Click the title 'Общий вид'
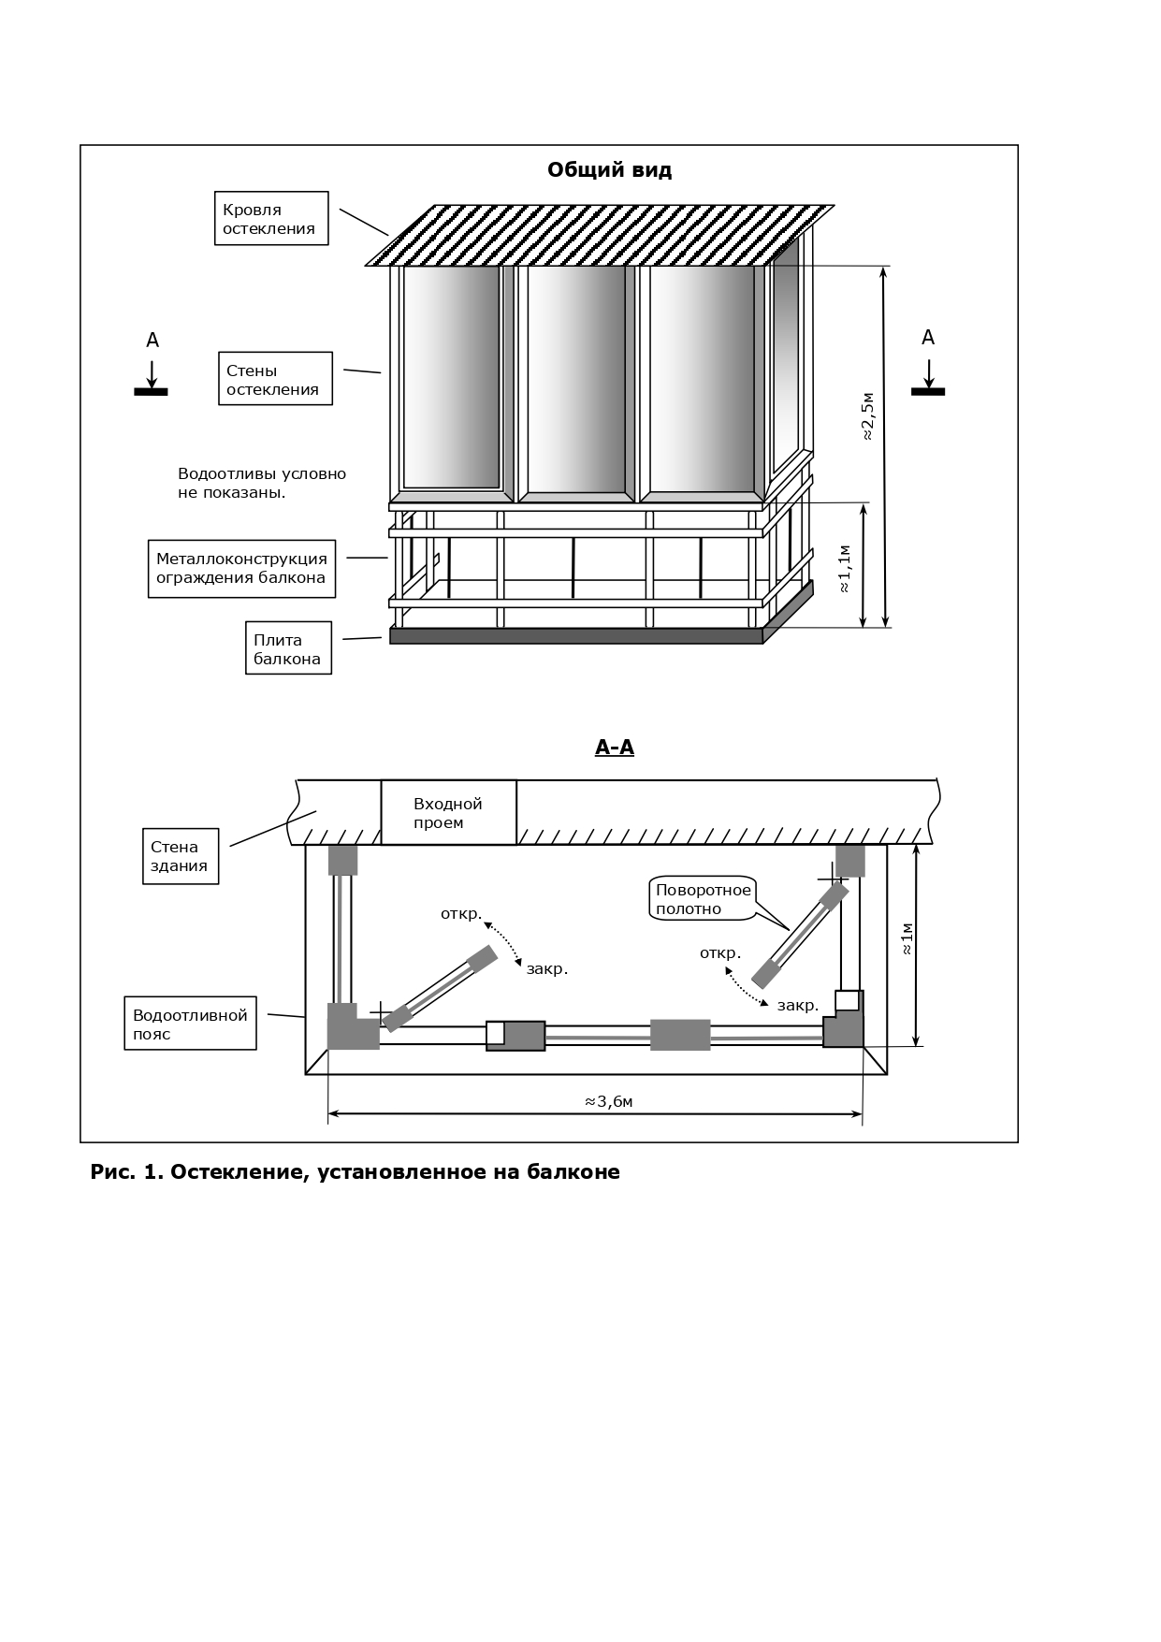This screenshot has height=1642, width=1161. pyautogui.click(x=609, y=170)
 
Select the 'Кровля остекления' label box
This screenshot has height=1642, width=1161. pyautogui.click(x=271, y=219)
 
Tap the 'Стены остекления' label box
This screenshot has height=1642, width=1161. pyautogui.click(x=275, y=379)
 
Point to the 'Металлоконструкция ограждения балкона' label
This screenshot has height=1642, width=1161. pyautogui.click(x=241, y=569)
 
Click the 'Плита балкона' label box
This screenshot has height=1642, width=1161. pyautogui.click(x=288, y=648)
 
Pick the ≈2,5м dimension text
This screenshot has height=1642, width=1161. pyautogui.click(x=867, y=416)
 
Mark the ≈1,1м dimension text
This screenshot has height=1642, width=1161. pyautogui.click(x=845, y=568)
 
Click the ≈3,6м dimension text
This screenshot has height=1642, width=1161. pyautogui.click(x=609, y=1102)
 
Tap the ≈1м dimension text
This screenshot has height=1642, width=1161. pyautogui.click(x=906, y=938)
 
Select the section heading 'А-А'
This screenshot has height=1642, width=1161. pyautogui.click(x=615, y=748)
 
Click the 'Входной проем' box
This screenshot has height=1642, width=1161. pyautogui.click(x=448, y=813)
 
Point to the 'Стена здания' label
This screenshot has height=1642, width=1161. pyautogui.click(x=181, y=856)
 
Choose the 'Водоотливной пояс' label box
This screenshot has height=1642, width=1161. pyautogui.click(x=190, y=1024)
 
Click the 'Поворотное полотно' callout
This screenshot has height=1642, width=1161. pyautogui.click(x=703, y=899)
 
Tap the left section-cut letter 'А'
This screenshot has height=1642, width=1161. pyautogui.click(x=152, y=341)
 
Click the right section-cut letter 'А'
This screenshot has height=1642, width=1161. pyautogui.click(x=928, y=338)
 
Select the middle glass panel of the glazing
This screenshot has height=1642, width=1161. pyautogui.click(x=576, y=378)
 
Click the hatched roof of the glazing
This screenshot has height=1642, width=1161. pyautogui.click(x=599, y=236)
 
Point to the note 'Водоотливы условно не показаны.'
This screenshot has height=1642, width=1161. pyautogui.click(x=262, y=483)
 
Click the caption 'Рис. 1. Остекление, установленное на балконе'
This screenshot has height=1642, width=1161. pyautogui.click(x=355, y=1172)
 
